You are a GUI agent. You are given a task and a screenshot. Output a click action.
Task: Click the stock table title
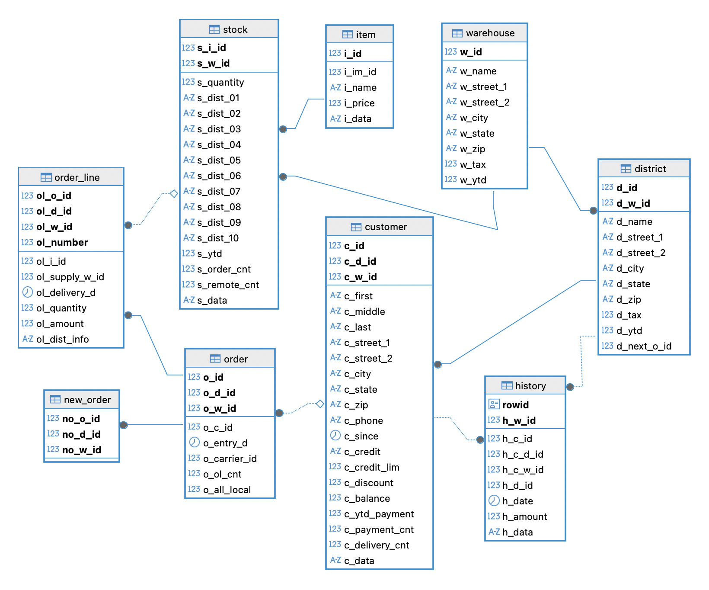tap(235, 29)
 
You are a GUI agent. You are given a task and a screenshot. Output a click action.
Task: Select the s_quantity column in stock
tap(220, 82)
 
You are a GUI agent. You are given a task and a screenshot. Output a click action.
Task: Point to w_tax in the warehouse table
tap(473, 164)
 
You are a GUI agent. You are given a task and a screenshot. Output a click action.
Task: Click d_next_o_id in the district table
tap(643, 346)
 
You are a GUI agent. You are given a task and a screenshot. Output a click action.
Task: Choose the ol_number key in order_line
tap(62, 242)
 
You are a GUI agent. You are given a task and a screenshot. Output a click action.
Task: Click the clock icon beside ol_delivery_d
tap(27, 292)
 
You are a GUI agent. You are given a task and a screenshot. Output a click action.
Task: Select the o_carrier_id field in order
tap(230, 459)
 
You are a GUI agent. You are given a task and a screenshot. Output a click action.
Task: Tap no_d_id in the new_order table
tap(81, 434)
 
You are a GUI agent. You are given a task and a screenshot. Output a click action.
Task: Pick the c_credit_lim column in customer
tap(371, 467)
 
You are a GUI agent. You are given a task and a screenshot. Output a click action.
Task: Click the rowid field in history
tap(515, 405)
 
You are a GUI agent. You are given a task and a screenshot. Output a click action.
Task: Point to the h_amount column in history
tap(524, 516)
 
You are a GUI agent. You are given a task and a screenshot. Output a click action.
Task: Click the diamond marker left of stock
tap(174, 193)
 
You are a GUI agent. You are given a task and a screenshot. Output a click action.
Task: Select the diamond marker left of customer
tap(320, 404)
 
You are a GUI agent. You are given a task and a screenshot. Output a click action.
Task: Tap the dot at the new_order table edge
tap(124, 425)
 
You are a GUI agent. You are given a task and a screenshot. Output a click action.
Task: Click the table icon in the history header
tap(507, 385)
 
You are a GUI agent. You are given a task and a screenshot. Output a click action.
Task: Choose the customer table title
tap(386, 227)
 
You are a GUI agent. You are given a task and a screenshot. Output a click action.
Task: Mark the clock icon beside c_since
tap(335, 436)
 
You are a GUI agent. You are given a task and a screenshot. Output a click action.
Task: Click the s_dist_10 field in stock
tap(217, 238)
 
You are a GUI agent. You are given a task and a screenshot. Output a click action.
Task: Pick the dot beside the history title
tap(570, 387)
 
